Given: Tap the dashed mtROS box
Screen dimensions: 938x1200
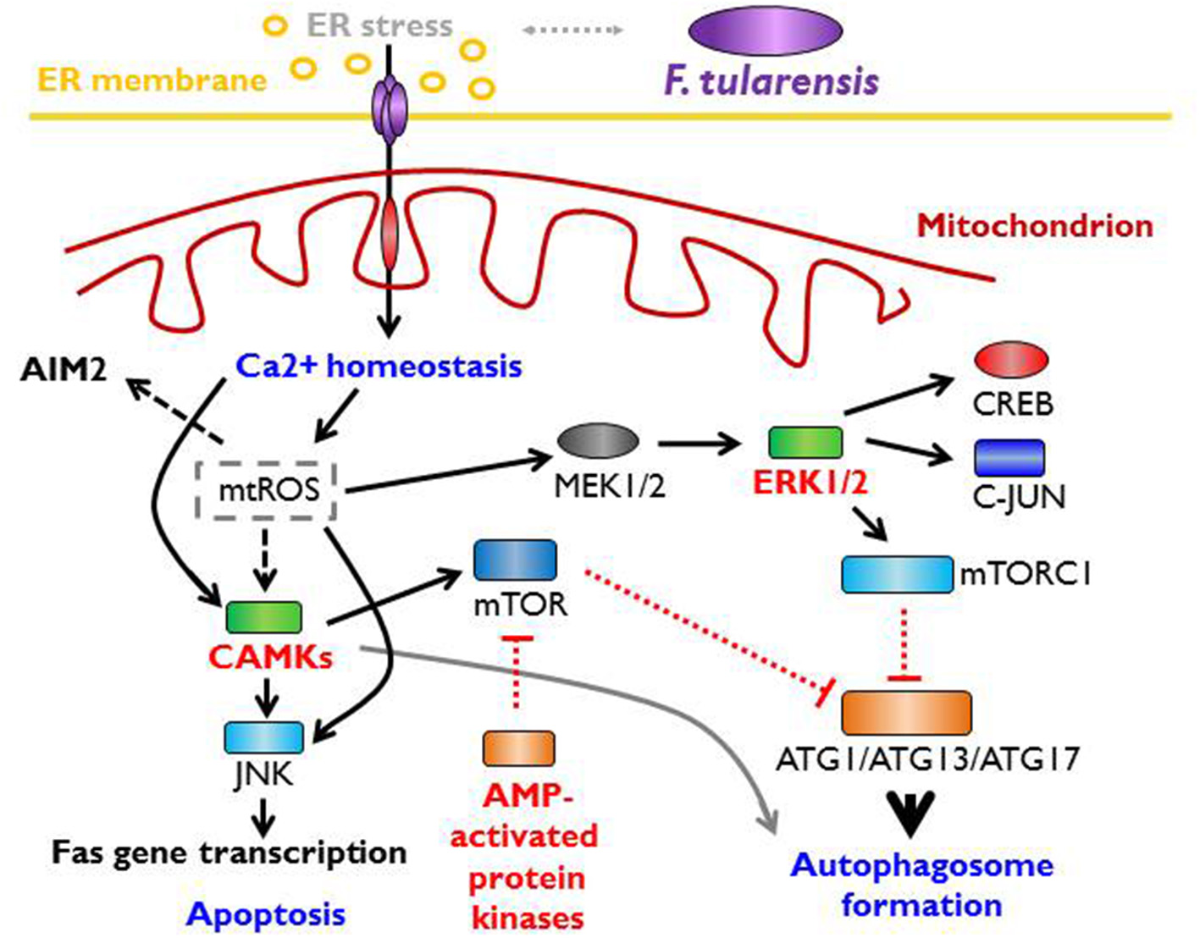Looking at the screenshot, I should click(267, 490).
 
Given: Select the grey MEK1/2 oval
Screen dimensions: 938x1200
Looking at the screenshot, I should click(598, 441).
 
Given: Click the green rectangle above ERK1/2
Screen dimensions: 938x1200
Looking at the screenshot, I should click(805, 442).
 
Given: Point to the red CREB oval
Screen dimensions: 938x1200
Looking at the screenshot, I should click(1011, 359).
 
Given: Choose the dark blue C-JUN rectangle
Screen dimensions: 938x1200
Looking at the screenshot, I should click(1009, 458).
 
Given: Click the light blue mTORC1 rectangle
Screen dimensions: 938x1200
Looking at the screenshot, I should click(897, 574).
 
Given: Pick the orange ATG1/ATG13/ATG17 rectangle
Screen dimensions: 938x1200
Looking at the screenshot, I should click(906, 712).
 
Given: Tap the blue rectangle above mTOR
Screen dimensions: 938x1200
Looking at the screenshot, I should click(515, 560).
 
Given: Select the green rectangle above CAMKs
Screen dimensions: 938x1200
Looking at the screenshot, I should click(263, 617).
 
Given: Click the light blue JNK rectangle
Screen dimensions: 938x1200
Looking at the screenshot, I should click(263, 737).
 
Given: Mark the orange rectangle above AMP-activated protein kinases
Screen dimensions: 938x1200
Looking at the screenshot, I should click(518, 748).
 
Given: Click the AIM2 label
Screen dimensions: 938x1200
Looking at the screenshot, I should click(64, 370).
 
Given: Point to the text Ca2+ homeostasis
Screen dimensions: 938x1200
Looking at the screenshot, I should click(379, 367).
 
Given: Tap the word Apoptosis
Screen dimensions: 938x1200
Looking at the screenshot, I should click(266, 914).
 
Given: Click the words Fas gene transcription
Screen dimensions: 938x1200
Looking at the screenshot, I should click(229, 852).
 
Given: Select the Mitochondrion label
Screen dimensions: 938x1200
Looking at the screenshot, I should click(1034, 225).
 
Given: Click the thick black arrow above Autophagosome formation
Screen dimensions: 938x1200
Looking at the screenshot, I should click(911, 812).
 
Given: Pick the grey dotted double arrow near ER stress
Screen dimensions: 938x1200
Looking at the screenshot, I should click(572, 30).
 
